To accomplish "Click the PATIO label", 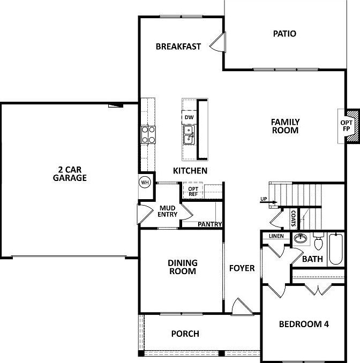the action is pyautogui.click(x=284, y=34).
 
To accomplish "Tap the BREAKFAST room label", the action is pyautogui.click(x=178, y=47).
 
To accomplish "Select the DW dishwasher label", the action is pyautogui.click(x=189, y=117).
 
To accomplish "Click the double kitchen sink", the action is pyautogui.click(x=189, y=135).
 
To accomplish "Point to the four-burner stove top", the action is pyautogui.click(x=148, y=135).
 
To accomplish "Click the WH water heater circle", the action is pyautogui.click(x=145, y=183).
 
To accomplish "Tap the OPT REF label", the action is pyautogui.click(x=193, y=192).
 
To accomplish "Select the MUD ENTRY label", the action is pyautogui.click(x=168, y=211).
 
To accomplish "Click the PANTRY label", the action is pyautogui.click(x=210, y=224).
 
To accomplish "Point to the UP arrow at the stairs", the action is pyautogui.click(x=269, y=202).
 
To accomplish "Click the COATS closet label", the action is pyautogui.click(x=293, y=218).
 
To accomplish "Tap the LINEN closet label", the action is pyautogui.click(x=276, y=236).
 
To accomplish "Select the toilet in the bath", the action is pyautogui.click(x=319, y=241).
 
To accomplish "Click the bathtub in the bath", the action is pyautogui.click(x=336, y=249).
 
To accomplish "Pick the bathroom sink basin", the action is pyautogui.click(x=301, y=238).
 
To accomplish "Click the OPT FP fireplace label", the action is pyautogui.click(x=346, y=126).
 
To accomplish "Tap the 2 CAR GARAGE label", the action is pyautogui.click(x=70, y=173).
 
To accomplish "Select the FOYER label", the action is pyautogui.click(x=242, y=268).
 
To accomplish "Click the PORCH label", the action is pyautogui.click(x=185, y=334).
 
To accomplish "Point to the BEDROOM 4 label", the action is pyautogui.click(x=304, y=324).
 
